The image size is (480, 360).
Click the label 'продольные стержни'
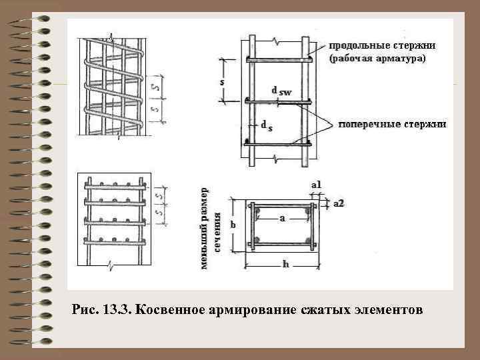(382, 46)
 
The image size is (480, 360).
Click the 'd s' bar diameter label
(265, 125)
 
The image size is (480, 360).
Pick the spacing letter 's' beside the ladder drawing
(222, 81)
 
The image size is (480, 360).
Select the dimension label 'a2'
(338, 203)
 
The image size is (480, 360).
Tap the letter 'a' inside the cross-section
(282, 218)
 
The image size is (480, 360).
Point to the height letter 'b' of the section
(233, 225)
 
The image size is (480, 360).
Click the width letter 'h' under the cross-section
(285, 265)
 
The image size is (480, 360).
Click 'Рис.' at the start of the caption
(85, 311)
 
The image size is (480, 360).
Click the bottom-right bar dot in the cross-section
(307, 239)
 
